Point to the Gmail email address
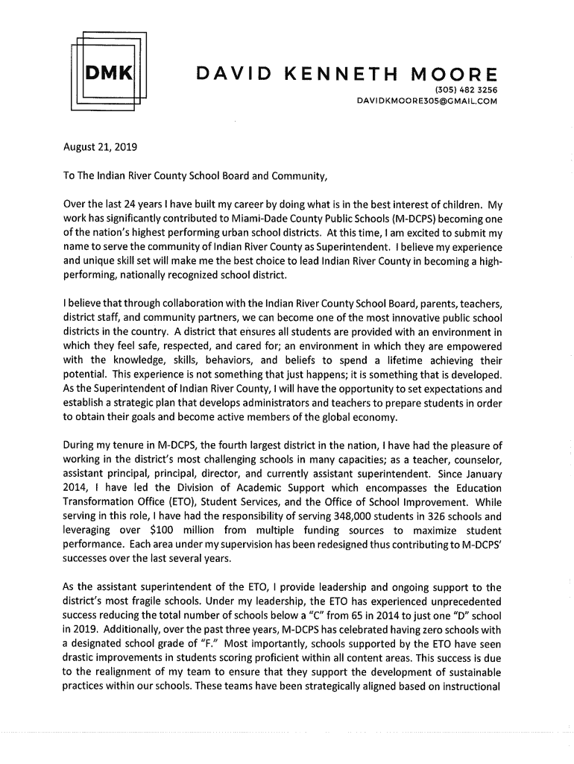(426, 100)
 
